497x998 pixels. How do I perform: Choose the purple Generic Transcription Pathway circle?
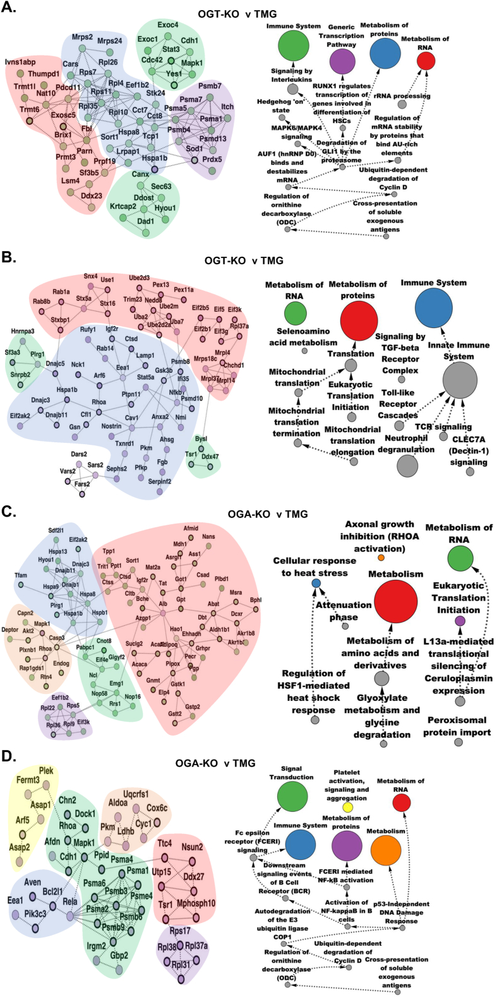[x=342, y=62]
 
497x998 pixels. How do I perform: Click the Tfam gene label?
[x=21, y=575]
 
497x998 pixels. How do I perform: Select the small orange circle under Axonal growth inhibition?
[x=381, y=558]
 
